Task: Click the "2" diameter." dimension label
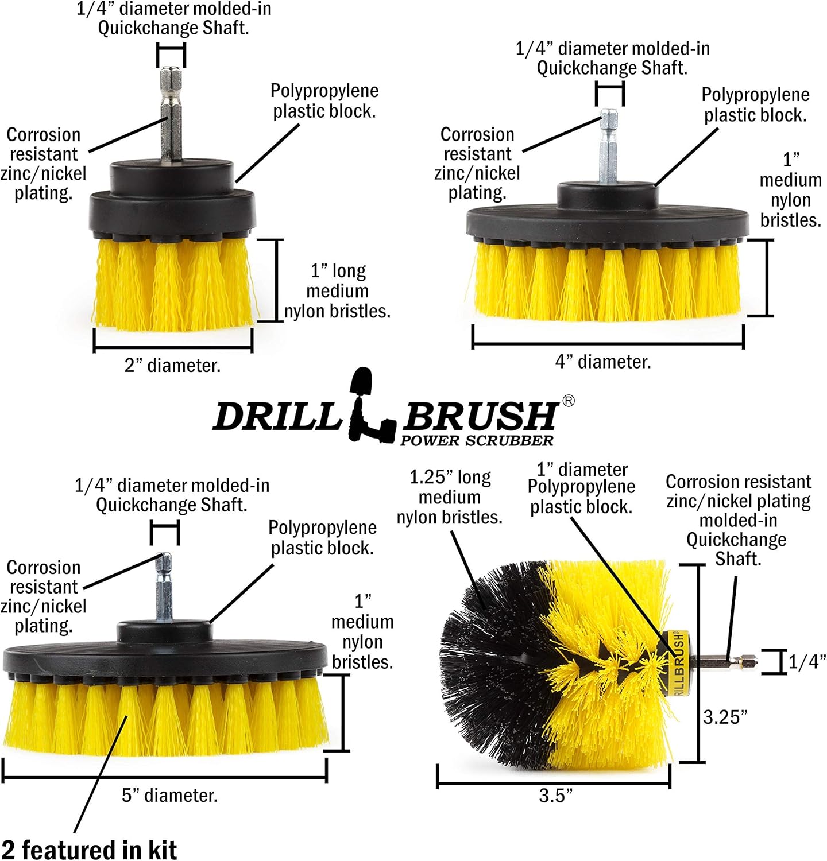(172, 366)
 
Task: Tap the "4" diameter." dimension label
(603, 362)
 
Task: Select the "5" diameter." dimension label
(169, 796)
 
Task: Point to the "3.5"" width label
(555, 796)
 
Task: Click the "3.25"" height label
(725, 717)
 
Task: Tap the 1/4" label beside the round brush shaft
(807, 662)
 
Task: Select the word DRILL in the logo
(277, 416)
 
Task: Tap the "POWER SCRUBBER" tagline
(477, 441)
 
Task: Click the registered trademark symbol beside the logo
(568, 401)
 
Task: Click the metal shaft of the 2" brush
(171, 115)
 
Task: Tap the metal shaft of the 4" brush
(608, 146)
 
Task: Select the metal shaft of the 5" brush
(164, 585)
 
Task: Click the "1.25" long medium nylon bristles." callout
(450, 497)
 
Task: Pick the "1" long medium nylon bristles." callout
(337, 291)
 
